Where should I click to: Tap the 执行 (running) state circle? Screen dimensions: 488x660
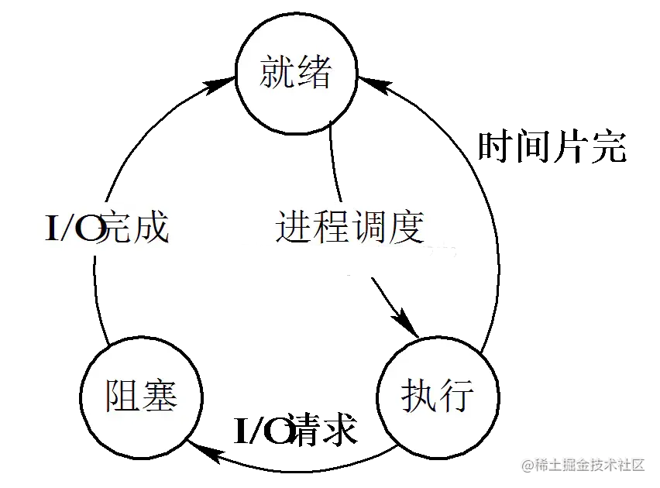(x=438, y=397)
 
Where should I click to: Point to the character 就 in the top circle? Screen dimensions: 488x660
(x=277, y=74)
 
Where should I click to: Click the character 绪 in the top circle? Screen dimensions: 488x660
(x=315, y=74)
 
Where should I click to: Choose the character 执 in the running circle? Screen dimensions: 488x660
(x=419, y=397)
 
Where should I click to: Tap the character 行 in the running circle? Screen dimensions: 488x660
(x=457, y=397)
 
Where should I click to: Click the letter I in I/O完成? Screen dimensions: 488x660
(x=53, y=229)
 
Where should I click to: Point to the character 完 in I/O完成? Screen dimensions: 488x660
(x=117, y=229)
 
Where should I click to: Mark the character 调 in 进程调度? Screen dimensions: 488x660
(x=369, y=227)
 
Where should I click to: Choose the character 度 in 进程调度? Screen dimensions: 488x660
(x=407, y=227)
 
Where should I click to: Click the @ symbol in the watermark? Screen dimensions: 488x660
(x=527, y=465)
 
